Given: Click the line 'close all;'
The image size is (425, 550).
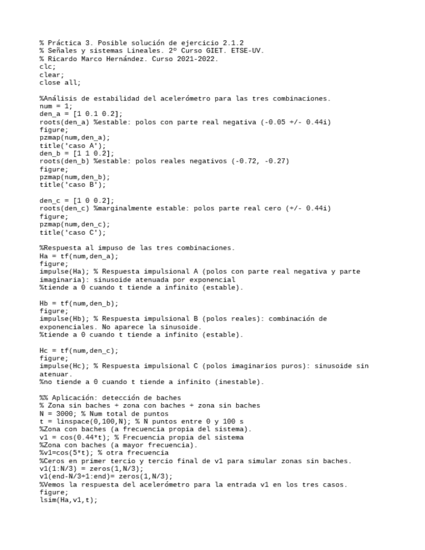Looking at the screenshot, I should click(60, 82).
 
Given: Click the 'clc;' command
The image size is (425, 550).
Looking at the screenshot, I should click(48, 66).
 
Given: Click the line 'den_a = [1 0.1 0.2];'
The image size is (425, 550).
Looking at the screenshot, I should click(81, 114).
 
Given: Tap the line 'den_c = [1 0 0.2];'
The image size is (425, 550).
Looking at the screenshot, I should click(77, 200).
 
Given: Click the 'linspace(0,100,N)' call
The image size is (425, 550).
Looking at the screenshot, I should click(93, 422).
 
